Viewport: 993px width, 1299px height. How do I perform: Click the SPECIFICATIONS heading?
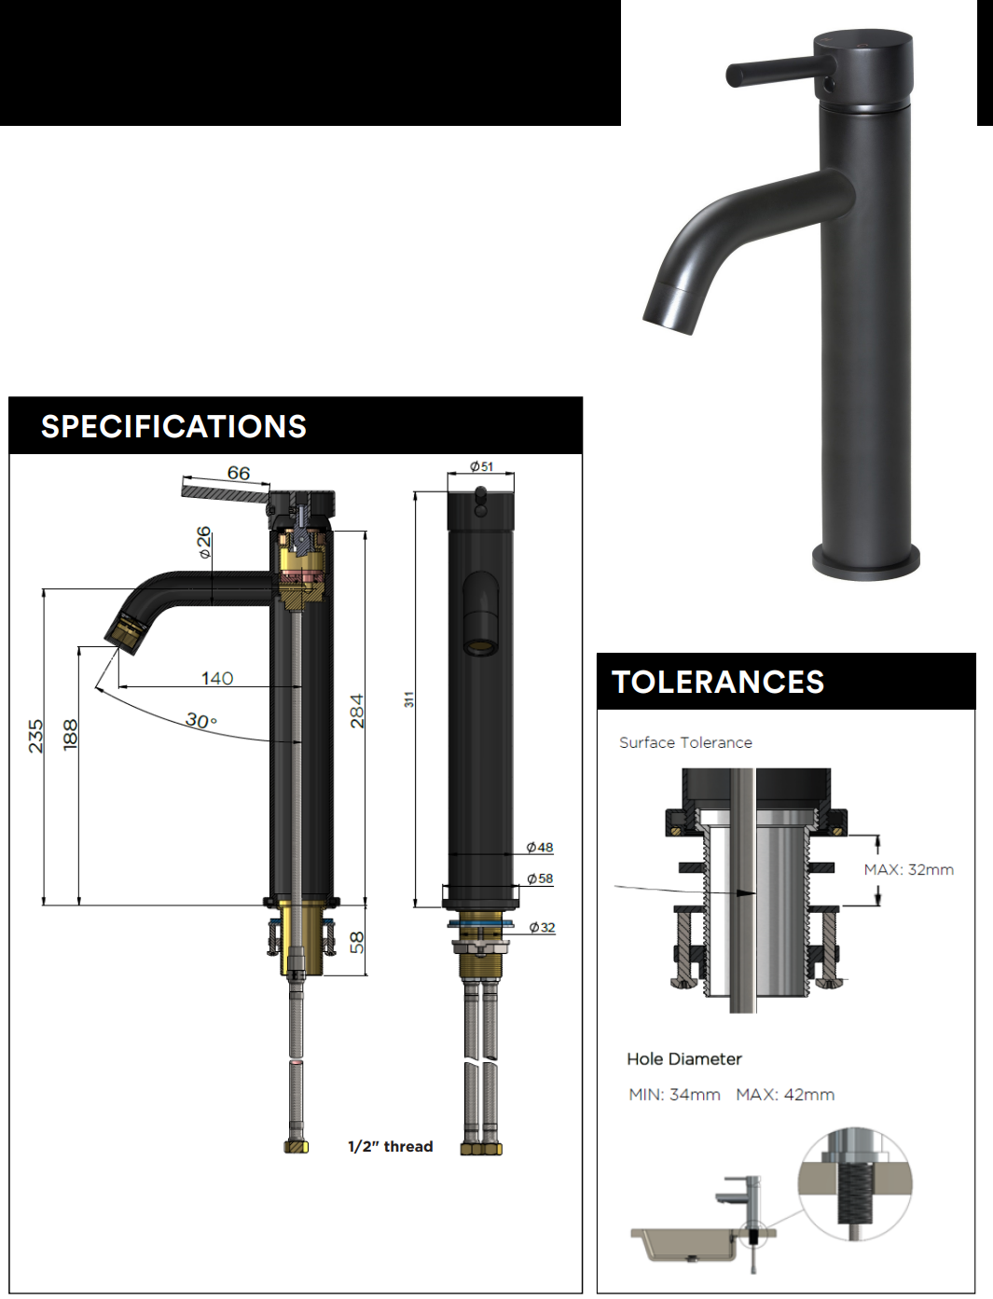[x=173, y=426]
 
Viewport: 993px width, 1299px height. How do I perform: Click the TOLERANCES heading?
[x=718, y=682]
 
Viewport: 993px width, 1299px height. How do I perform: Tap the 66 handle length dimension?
[x=239, y=473]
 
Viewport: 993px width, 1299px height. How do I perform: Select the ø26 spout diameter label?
[x=204, y=542]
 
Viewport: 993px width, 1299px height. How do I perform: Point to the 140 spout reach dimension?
[x=217, y=678]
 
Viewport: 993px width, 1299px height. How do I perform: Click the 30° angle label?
[x=201, y=720]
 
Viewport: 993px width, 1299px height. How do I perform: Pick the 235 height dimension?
[x=36, y=736]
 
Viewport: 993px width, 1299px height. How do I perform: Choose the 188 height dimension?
[x=71, y=735]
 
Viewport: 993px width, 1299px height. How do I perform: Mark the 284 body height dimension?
[x=357, y=712]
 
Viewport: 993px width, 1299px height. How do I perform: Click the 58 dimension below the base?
[x=357, y=942]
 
